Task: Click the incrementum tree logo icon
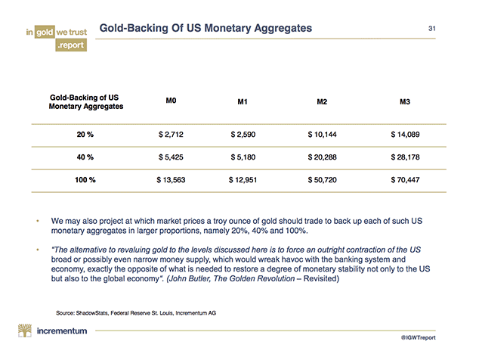pos(27,331)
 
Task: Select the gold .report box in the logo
pos(69,45)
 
